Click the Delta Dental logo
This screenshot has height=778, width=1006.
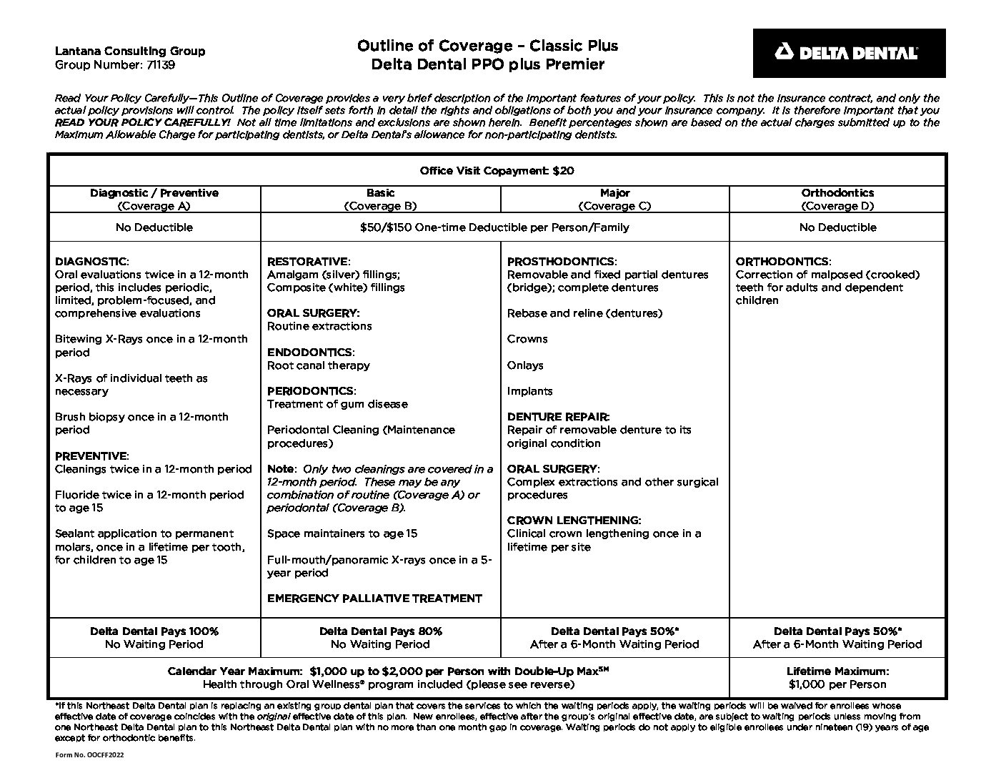848,53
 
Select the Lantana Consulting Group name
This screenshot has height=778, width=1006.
129,51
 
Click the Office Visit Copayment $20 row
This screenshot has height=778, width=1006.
497,171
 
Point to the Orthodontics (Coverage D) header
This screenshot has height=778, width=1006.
837,200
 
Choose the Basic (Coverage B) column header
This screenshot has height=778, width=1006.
380,200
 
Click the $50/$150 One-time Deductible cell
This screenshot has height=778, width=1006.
494,227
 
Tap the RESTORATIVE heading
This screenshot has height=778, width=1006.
308,262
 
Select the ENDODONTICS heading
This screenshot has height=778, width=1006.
310,353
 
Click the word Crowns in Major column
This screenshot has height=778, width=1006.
527,339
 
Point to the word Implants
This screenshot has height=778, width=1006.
529,391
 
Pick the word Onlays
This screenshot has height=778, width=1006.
525,365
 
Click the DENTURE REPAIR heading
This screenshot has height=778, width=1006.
558,417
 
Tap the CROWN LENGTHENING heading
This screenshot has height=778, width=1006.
574,521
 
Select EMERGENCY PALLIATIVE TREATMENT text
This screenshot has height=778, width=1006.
374,599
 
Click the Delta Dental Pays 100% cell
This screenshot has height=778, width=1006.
154,638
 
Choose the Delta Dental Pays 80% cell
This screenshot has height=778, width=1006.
380,638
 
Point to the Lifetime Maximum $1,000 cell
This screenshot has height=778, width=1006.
837,678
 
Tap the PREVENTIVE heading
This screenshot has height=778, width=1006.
91,456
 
